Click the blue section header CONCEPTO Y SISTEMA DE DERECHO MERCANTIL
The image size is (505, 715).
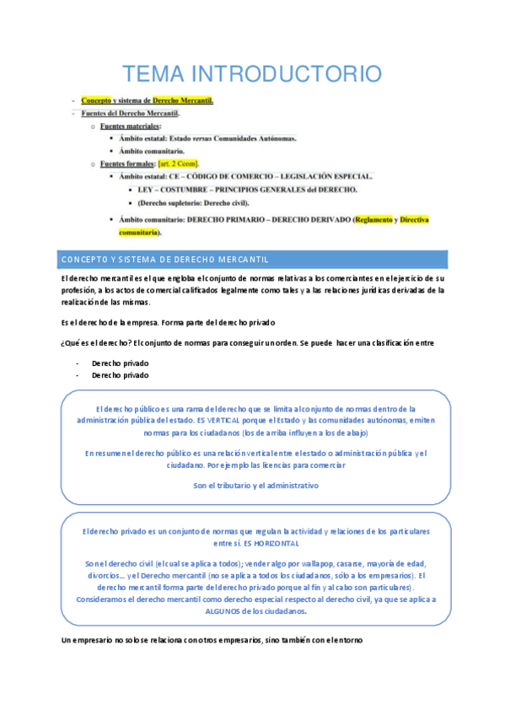(x=164, y=258)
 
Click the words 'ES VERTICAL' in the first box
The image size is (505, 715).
(x=221, y=419)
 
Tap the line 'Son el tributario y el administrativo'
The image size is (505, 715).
(x=255, y=485)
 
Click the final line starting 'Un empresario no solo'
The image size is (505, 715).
(x=211, y=642)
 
